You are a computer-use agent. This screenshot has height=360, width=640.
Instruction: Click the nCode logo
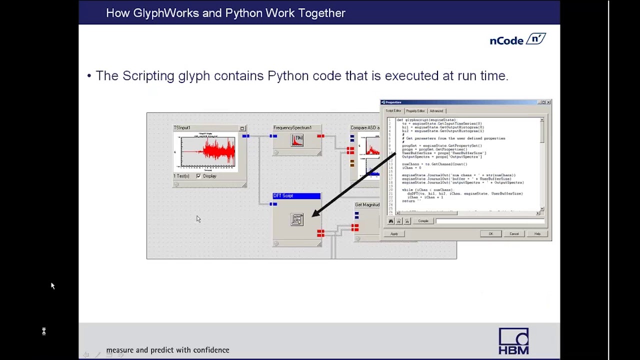tap(517, 39)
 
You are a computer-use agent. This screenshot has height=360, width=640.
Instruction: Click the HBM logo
tap(513, 341)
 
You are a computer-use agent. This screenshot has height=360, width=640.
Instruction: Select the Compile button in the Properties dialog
tap(423, 221)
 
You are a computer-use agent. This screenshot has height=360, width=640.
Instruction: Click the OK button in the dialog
tap(490, 234)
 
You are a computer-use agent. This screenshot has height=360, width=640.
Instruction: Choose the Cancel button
tap(514, 234)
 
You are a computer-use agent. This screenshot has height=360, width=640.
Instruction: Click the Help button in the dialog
tap(537, 234)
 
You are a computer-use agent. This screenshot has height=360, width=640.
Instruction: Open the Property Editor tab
tap(415, 111)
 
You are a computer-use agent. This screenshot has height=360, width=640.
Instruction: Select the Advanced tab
tap(436, 111)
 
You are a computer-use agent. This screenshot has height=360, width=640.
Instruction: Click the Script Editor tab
tap(393, 111)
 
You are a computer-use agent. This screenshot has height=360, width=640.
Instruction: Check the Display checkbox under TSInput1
tap(199, 176)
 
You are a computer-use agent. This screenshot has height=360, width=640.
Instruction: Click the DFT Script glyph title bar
tap(296, 196)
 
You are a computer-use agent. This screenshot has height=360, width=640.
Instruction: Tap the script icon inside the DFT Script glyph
tap(297, 219)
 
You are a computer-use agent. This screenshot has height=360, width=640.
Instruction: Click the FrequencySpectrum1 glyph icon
tap(297, 140)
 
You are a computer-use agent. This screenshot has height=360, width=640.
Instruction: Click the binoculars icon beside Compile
tap(391, 221)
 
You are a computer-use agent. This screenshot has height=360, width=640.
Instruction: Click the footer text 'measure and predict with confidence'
tap(167, 350)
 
